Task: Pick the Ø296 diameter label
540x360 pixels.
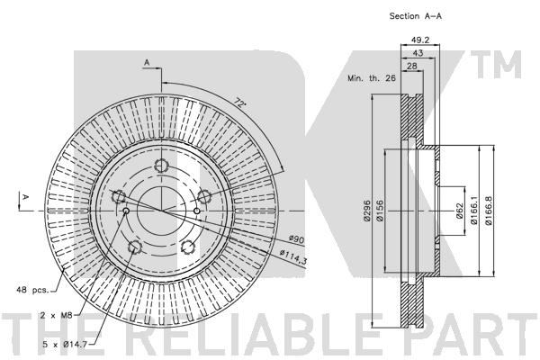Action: [369, 210]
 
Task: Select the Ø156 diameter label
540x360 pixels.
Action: [382, 210]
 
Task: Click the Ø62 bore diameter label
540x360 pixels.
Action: [459, 211]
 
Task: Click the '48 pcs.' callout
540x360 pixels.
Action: [31, 289]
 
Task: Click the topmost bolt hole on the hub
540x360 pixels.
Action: [163, 165]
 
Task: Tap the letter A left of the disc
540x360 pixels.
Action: [26, 195]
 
